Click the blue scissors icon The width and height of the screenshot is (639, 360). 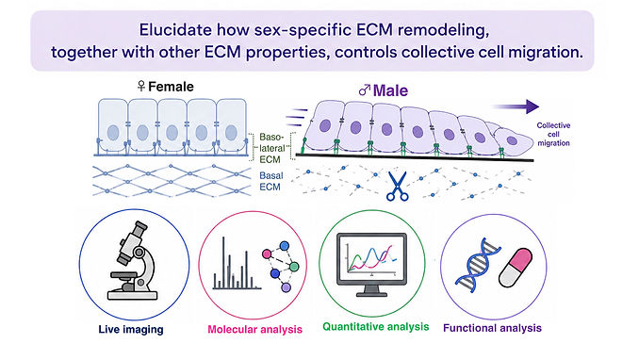(397, 187)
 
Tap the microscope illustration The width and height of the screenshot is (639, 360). (133, 261)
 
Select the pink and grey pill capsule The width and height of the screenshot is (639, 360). (516, 268)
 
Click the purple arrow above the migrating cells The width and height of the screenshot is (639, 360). (516, 106)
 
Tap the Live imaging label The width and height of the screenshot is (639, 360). (131, 330)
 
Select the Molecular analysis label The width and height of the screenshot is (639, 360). (255, 330)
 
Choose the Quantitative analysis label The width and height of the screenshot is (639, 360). (376, 327)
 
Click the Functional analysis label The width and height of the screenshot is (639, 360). (492, 328)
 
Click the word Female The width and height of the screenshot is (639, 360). (171, 87)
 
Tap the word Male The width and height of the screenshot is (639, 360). (390, 90)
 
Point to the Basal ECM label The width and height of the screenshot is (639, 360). (270, 182)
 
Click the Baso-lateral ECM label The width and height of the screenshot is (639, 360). (270, 148)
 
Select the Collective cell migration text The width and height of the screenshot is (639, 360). (553, 134)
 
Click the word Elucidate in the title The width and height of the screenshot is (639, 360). (175, 30)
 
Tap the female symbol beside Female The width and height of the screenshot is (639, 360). (141, 86)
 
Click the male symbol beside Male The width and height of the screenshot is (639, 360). (365, 90)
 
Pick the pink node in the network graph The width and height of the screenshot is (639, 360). (267, 254)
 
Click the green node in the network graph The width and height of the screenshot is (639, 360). (294, 267)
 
